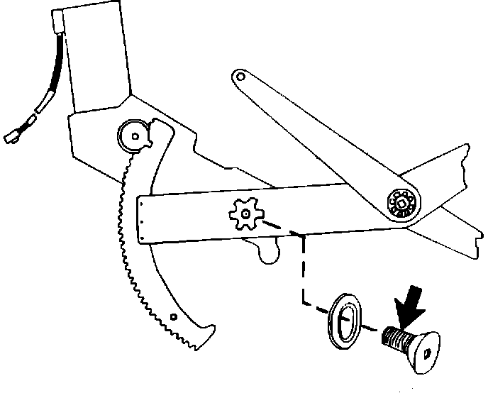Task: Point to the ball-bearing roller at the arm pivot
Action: (401, 204)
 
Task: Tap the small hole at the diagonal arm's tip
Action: (241, 76)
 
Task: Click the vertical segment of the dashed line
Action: (303, 270)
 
